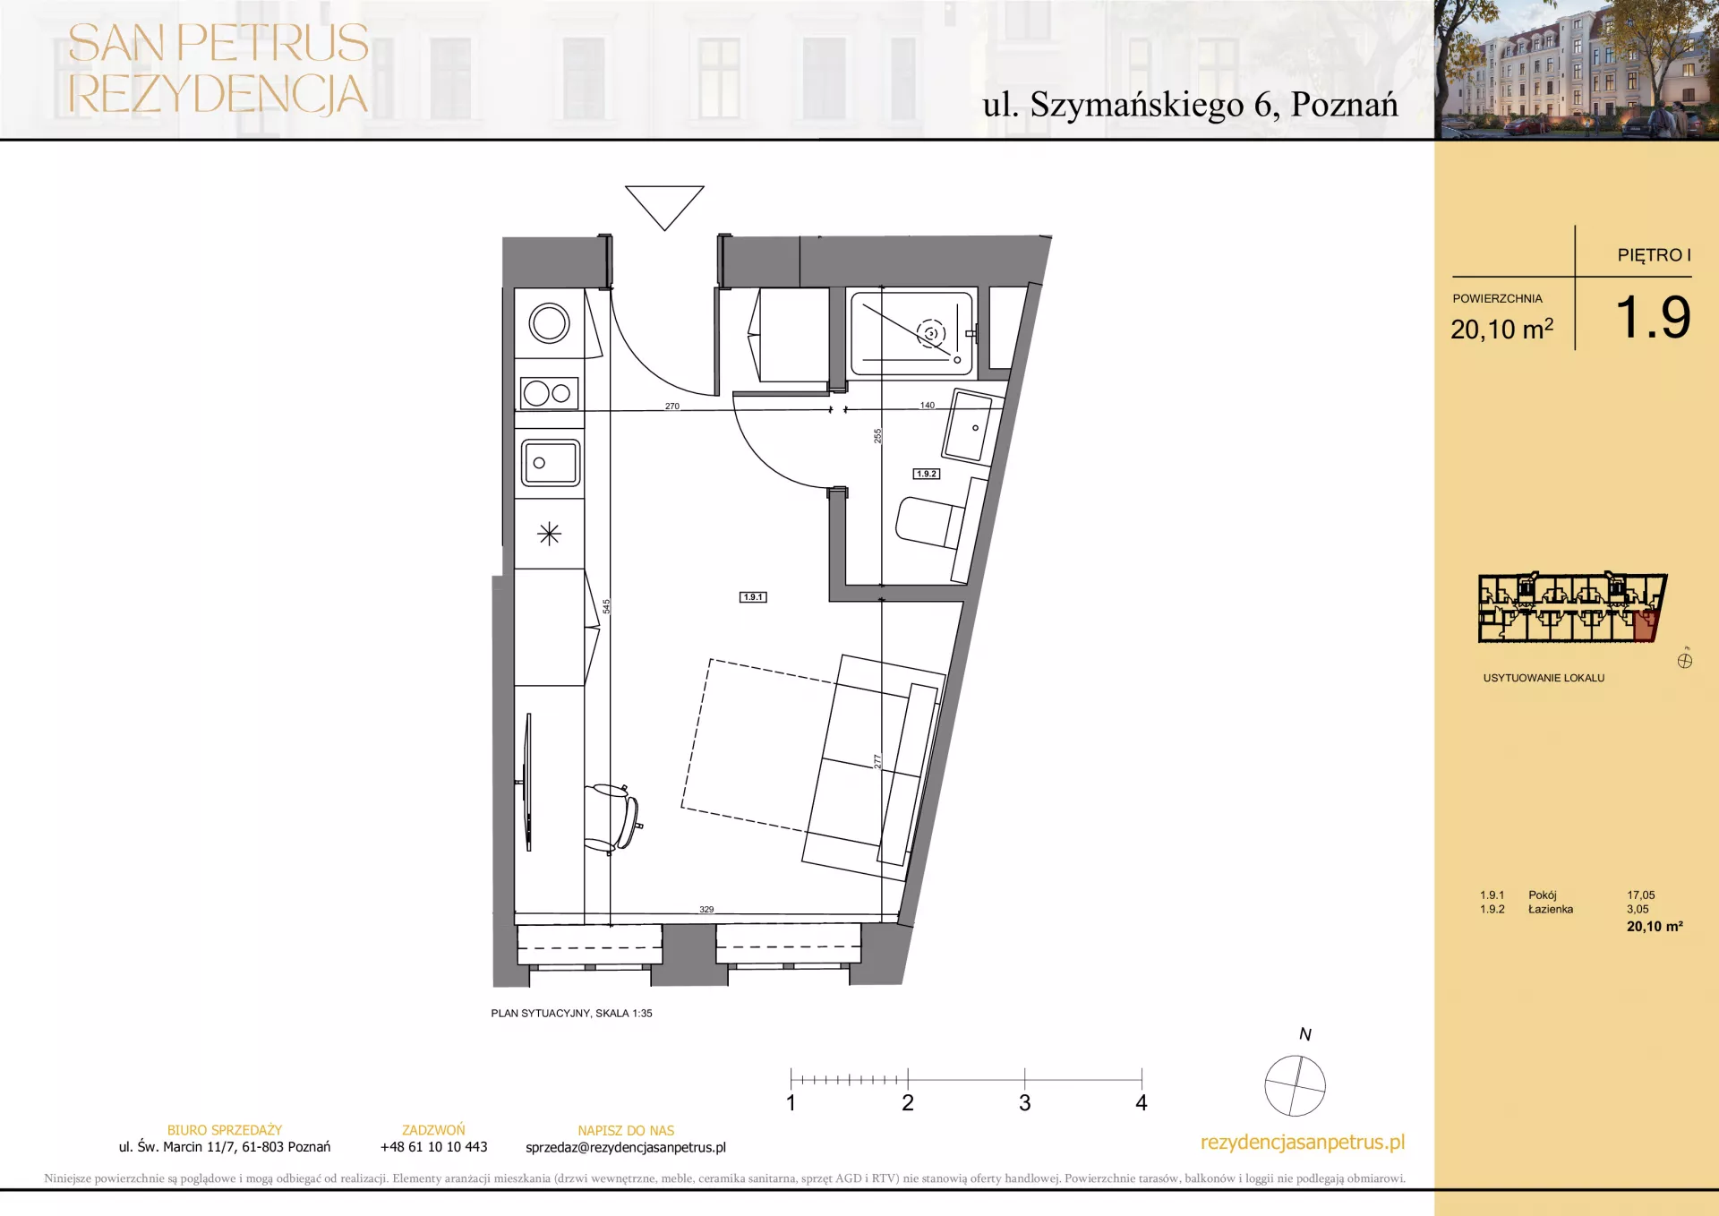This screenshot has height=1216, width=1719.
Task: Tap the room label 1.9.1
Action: (753, 597)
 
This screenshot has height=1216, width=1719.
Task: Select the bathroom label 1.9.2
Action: (927, 474)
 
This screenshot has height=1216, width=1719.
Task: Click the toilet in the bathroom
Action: (932, 524)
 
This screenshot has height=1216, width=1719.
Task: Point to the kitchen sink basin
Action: (551, 463)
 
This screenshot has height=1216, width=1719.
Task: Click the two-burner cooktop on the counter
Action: (549, 393)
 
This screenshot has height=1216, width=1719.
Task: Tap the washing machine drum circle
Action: (549, 323)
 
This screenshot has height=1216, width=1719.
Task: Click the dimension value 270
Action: (672, 406)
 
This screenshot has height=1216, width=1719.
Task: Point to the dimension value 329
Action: (706, 909)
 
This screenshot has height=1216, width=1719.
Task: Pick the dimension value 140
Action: (928, 405)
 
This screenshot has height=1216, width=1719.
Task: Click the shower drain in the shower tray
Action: (931, 334)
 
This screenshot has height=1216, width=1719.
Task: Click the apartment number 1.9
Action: (1653, 317)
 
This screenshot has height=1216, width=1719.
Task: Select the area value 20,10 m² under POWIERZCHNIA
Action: (1501, 329)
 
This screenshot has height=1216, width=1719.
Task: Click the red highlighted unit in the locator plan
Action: (1645, 626)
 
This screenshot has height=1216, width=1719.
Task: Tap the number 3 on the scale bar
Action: (1024, 1102)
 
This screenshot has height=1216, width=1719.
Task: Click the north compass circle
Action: (1295, 1085)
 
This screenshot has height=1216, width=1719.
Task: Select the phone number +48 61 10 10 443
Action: (433, 1147)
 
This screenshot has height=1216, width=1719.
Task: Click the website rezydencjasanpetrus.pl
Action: (1303, 1143)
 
